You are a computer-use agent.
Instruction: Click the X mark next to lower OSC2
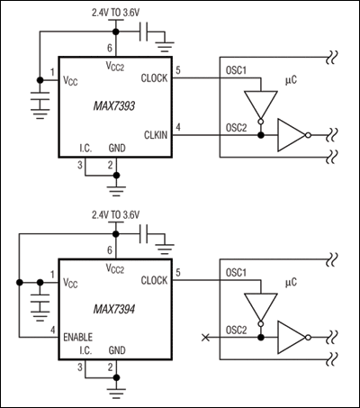coord(208,337)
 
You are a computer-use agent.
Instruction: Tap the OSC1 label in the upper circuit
coord(235,71)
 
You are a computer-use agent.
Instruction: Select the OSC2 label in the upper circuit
coord(235,129)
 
